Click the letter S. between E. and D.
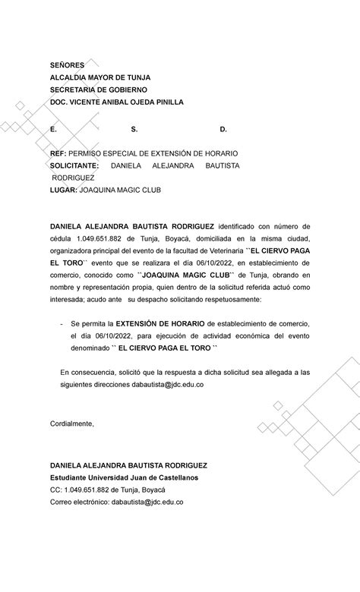coord(134,130)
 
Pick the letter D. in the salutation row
coord(223,130)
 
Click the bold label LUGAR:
coord(63,189)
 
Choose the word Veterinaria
coord(223,250)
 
